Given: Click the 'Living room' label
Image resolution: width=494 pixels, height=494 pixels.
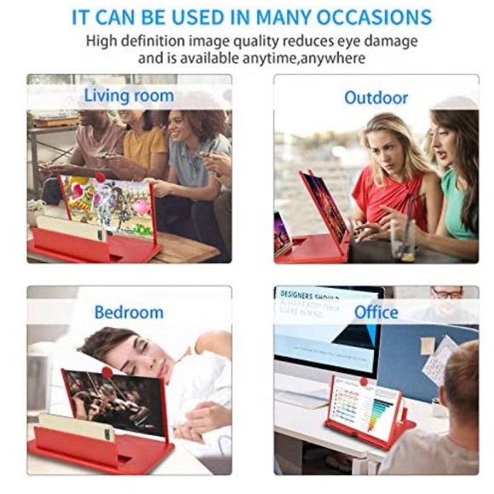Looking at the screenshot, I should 129,95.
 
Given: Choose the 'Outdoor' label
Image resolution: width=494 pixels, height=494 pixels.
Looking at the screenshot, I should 376,98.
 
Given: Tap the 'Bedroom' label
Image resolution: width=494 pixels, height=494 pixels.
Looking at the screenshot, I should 129,312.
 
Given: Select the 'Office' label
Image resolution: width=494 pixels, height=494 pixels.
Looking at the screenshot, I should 376,312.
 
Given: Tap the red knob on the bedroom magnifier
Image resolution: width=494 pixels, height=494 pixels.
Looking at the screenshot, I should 107,372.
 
